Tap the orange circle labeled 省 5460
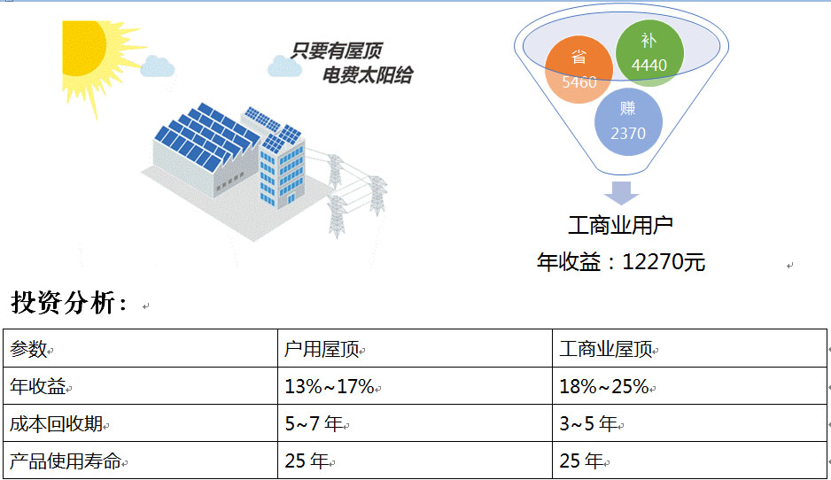[579, 69]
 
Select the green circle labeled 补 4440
[649, 53]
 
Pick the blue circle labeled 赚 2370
[628, 121]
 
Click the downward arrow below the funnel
[621, 193]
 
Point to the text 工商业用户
[621, 226]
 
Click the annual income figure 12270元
[663, 262]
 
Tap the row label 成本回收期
[56, 424]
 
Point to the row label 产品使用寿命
[66, 461]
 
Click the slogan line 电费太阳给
[368, 75]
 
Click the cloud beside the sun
[158, 66]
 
